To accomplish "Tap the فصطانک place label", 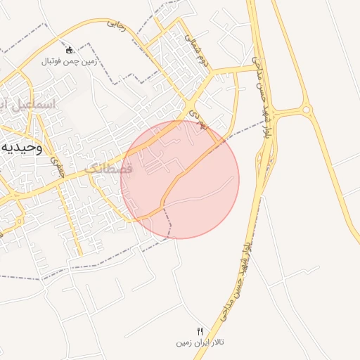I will tap(109, 169).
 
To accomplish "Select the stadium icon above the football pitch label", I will tap(70, 50).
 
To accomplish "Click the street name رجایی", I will tap(117, 25).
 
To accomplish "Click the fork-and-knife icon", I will tap(200, 331).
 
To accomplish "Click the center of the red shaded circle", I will tap(180, 179).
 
